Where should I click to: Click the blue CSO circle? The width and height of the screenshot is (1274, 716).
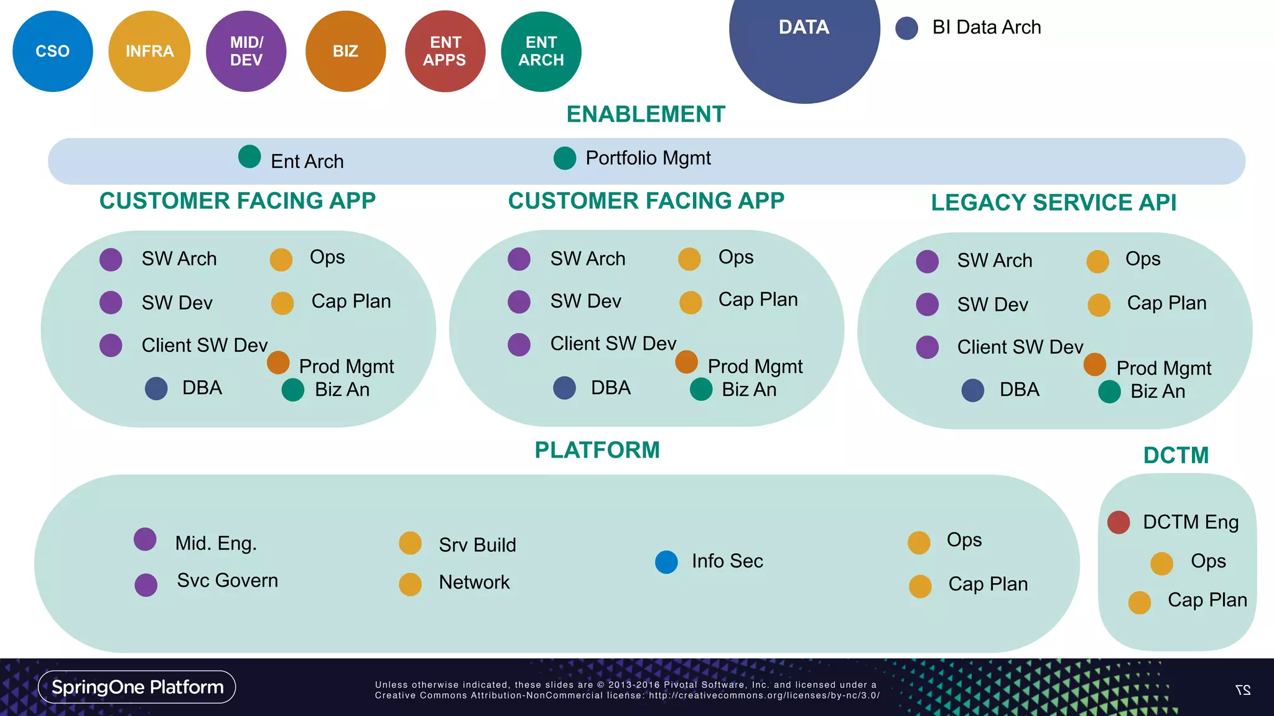53,51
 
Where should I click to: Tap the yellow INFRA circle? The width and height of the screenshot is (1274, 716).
149,51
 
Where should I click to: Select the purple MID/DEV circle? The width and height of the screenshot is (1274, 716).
246,51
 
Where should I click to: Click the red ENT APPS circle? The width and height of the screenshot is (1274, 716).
445,51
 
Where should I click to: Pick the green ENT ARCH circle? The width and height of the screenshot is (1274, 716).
541,51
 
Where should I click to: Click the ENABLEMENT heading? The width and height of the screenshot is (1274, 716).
646,114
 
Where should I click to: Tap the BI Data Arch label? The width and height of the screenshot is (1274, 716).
986,27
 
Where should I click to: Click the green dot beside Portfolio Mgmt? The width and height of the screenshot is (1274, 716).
565,158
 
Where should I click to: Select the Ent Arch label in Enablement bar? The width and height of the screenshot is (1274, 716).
307,162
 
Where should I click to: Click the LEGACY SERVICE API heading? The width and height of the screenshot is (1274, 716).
1053,203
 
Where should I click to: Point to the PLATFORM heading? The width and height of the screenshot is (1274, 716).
597,450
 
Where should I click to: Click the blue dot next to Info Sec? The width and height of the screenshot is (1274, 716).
666,562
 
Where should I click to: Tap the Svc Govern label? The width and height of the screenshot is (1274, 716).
227,581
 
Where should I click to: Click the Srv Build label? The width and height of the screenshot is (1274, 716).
477,545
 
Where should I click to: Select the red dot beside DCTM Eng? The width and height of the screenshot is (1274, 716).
1118,522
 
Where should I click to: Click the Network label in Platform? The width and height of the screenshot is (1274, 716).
474,582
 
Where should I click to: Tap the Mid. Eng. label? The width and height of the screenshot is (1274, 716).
216,543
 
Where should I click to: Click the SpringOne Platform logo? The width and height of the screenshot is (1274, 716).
137,687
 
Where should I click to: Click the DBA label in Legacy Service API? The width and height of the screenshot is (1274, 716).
1019,390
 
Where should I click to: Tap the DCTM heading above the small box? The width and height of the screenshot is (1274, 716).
1176,456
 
